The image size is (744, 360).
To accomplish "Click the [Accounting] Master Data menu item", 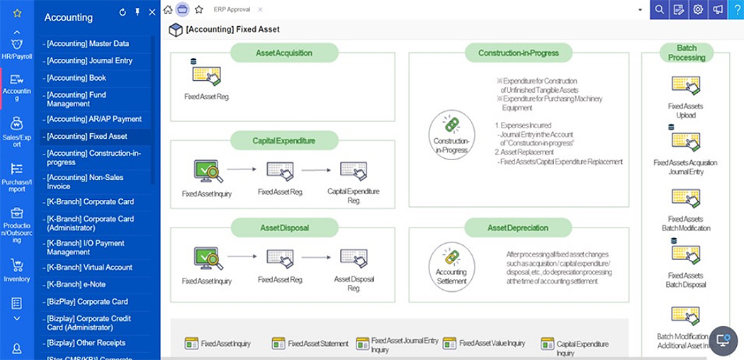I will [x=88, y=44].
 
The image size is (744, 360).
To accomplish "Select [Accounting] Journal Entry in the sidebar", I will [x=89, y=61].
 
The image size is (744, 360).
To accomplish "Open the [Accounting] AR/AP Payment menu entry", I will [x=94, y=119].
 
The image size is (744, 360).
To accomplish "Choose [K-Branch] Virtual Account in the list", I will [x=89, y=267].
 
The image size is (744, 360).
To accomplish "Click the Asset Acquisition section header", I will [x=283, y=53].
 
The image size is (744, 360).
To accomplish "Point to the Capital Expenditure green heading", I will [x=283, y=140].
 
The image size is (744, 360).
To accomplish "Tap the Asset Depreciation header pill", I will [x=518, y=227].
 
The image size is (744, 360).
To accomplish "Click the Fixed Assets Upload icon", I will [x=685, y=85].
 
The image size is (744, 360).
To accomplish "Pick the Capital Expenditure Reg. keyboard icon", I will [x=354, y=171].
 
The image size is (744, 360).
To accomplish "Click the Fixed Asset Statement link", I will [x=310, y=344].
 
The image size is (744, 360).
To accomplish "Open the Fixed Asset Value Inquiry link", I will [x=492, y=344].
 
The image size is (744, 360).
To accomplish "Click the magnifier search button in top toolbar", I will [x=660, y=9].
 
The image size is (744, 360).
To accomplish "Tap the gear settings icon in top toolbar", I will [x=698, y=9].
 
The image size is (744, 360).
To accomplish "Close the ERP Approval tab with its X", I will [x=260, y=10].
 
